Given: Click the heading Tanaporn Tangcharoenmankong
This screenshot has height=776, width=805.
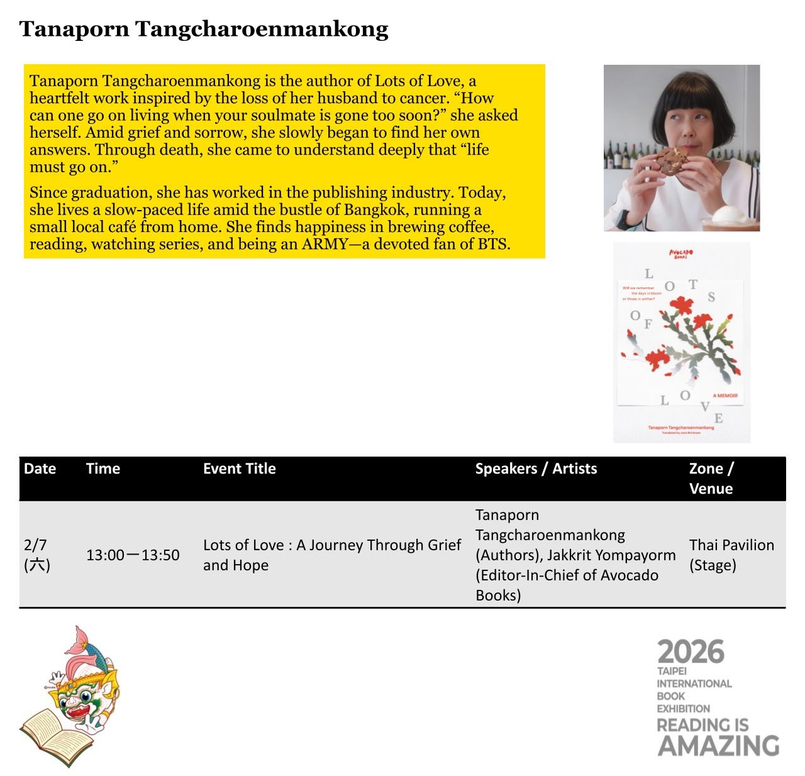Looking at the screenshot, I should click(204, 30).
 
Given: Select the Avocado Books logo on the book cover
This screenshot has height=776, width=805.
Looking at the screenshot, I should click(680, 254).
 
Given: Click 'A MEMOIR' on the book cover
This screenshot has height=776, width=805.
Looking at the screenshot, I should click(724, 396).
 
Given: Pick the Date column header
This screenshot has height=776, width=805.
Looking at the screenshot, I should click(40, 468).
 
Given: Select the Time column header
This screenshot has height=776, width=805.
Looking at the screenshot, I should click(103, 468).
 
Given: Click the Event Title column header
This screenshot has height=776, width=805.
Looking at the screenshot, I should click(239, 468).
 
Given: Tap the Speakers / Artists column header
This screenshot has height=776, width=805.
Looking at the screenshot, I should click(536, 468).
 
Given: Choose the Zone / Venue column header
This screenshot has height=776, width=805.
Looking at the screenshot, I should click(711, 479).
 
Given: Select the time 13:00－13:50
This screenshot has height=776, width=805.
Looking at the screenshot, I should click(133, 555).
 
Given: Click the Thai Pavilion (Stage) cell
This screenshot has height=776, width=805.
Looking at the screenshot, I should click(731, 555).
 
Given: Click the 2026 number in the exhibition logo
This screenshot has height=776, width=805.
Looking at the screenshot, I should click(691, 653).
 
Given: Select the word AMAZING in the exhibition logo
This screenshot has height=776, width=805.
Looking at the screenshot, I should click(718, 746).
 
